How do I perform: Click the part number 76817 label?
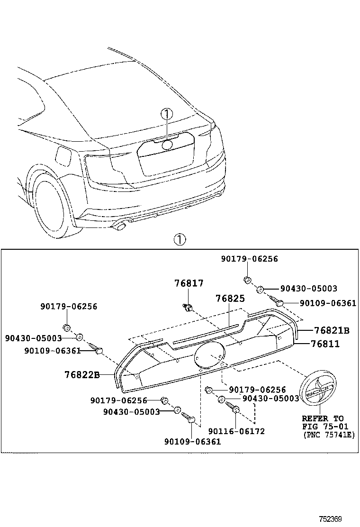click(x=189, y=283)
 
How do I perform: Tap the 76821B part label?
click(x=332, y=330)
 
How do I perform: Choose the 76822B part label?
click(x=81, y=375)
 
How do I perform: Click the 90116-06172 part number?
click(x=236, y=431)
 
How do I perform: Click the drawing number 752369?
click(x=330, y=519)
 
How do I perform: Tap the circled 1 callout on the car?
click(x=167, y=114)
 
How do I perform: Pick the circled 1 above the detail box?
click(x=180, y=239)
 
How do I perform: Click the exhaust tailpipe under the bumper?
click(x=120, y=227)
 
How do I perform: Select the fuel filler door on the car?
click(x=63, y=154)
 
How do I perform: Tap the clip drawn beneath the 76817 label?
click(x=188, y=308)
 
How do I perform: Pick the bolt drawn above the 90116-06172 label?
click(x=234, y=408)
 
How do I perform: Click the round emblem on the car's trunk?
click(x=167, y=145)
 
